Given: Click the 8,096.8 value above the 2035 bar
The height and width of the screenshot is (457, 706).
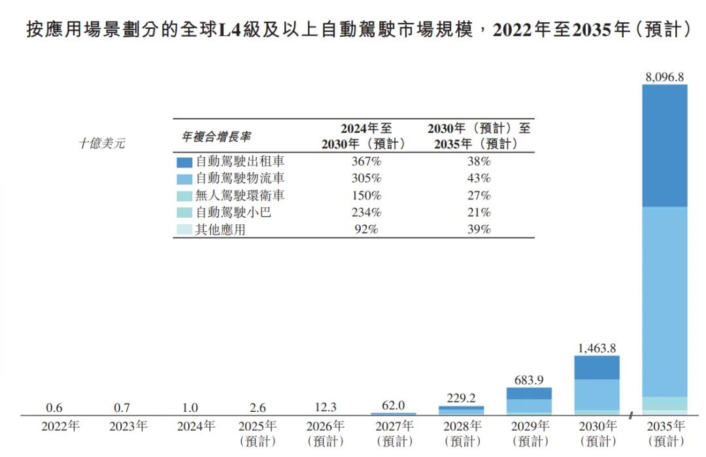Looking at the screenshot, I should [x=664, y=77].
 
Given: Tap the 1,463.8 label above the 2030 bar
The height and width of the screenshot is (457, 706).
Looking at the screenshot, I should [x=597, y=348].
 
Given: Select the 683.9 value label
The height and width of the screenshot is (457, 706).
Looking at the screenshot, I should [x=529, y=380].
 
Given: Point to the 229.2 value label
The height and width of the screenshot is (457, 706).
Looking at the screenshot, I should [x=461, y=398].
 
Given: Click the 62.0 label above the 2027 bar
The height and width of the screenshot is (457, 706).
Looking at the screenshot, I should [x=393, y=405].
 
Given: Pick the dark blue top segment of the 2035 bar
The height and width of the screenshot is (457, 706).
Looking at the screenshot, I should [x=664, y=146].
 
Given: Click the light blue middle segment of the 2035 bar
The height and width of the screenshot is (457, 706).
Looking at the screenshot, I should [x=664, y=301].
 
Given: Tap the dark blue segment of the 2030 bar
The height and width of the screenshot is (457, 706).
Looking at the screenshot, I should [x=597, y=367].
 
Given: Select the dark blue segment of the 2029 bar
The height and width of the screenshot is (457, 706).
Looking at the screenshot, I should [x=529, y=394].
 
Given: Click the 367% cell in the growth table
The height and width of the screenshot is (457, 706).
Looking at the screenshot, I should [x=366, y=161].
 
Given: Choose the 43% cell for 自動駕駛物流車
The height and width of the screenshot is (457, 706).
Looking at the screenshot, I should [x=481, y=178].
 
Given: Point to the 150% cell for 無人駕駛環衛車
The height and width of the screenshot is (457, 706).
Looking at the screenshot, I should [x=366, y=195].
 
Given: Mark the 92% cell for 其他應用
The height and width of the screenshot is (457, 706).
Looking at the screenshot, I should [x=366, y=229].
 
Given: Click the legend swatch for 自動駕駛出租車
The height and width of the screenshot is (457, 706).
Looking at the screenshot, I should [x=184, y=161].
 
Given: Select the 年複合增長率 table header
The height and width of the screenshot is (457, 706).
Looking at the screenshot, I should [x=216, y=137].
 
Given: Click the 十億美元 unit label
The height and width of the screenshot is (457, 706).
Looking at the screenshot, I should [x=102, y=144].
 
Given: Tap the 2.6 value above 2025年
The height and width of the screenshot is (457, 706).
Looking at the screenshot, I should [x=258, y=408].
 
